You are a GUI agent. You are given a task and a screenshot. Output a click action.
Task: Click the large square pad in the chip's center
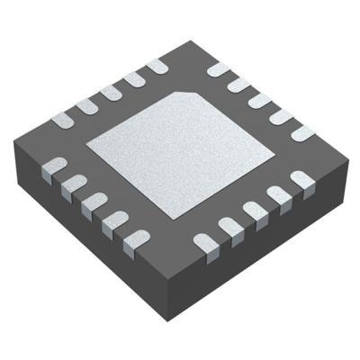coord(180,153)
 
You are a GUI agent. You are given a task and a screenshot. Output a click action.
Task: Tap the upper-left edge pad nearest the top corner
coord(157,66)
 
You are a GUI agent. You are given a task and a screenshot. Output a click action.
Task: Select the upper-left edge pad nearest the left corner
coord(64,118)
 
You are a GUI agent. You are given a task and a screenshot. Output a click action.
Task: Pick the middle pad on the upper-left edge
coord(112,91)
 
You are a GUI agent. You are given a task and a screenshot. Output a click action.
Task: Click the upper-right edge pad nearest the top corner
coord(217,68)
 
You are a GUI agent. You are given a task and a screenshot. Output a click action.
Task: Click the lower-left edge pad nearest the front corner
coord(135,239)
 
